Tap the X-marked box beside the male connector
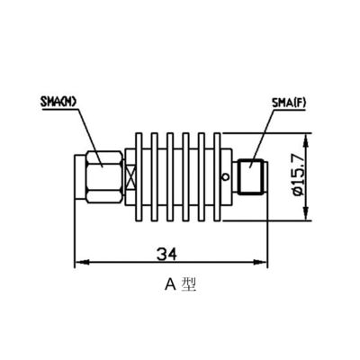128,176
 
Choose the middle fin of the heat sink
176,176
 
